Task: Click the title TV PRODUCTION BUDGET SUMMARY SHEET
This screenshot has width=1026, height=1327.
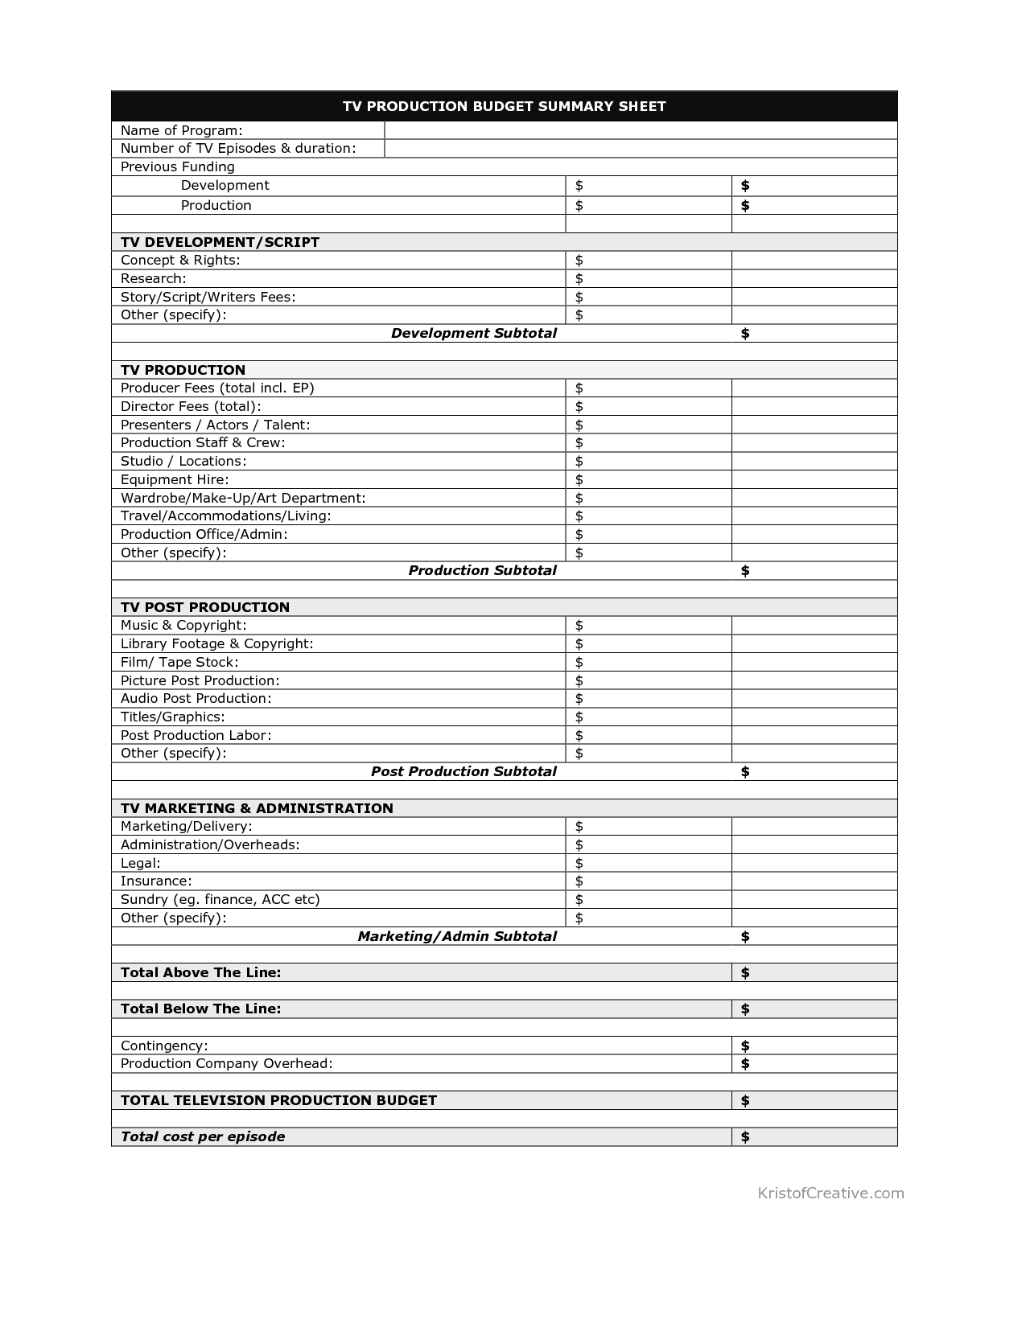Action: pos(505,106)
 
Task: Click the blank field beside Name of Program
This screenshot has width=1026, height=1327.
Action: pos(641,130)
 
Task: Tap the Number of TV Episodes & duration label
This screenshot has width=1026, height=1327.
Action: pos(238,148)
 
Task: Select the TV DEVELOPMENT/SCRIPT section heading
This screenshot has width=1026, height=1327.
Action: pos(220,242)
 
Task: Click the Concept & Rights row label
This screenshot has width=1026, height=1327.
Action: pos(180,260)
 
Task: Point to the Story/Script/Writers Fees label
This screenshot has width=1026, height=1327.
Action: pos(208,297)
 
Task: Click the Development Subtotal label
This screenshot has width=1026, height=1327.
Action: pos(473,333)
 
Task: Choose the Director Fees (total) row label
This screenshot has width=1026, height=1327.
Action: pos(191,406)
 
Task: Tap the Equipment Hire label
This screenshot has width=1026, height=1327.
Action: pos(175,479)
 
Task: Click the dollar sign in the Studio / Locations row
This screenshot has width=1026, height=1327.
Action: pos(579,461)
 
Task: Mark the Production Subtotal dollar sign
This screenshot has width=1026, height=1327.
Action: pos(745,570)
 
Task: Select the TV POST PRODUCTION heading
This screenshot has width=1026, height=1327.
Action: pos(205,607)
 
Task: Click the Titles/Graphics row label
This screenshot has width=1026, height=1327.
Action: pos(173,717)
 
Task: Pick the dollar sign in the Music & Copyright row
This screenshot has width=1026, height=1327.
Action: pos(579,625)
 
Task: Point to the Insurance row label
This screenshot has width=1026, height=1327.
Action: pos(156,881)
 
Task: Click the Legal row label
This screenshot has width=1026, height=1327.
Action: pos(141,863)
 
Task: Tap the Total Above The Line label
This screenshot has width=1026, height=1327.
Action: pos(201,972)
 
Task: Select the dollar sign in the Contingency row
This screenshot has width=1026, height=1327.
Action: pos(745,1046)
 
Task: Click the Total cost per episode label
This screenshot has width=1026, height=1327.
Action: pos(203,1136)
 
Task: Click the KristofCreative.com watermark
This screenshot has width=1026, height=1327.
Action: pos(830,1193)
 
